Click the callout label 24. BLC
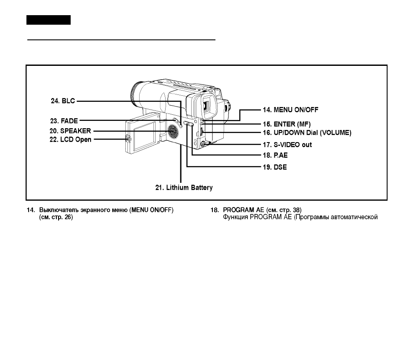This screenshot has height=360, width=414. coord(63,101)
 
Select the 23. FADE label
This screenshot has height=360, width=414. coord(64,121)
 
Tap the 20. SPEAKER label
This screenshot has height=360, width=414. coord(70,131)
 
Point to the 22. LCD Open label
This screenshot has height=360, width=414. coord(71,139)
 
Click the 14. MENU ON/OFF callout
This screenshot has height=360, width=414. coord(291,110)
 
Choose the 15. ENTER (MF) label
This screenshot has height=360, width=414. coord(287,124)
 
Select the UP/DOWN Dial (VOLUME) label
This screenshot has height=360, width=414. coord(313,133)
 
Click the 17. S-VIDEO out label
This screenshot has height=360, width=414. coord(287,145)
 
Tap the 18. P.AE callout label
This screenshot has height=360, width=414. coord(275,155)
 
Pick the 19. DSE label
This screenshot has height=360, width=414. coord(275,167)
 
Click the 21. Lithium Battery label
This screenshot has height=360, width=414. coord(184,188)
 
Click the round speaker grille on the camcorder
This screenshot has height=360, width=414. coord(173,131)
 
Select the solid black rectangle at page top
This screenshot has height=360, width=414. coord(49,20)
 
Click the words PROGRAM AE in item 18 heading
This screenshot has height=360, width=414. coord(244,210)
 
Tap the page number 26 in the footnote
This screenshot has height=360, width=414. coord(68,217)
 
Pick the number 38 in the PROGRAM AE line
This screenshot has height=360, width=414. coord(296,210)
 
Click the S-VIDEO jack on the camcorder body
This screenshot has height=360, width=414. coord(203,144)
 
